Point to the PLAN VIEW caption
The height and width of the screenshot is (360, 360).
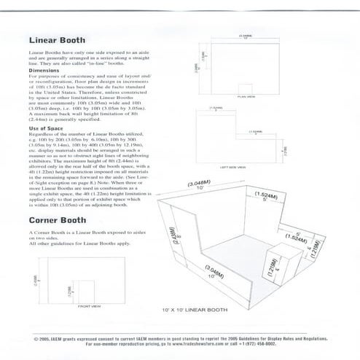click(246, 95)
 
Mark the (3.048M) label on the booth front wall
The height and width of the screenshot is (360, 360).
click(215, 271)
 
